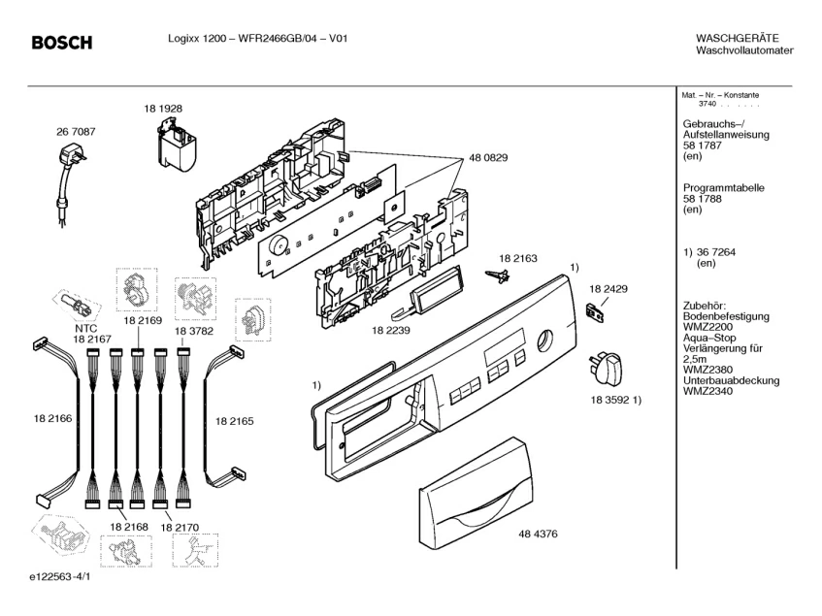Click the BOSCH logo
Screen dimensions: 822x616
click(x=62, y=43)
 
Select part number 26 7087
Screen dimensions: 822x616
click(x=76, y=132)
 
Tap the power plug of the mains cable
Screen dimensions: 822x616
click(x=72, y=156)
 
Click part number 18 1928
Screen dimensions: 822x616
click(x=163, y=109)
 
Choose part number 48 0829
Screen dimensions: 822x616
click(x=488, y=158)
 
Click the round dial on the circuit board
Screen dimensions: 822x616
click(x=278, y=245)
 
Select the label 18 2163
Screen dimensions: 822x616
click(x=518, y=258)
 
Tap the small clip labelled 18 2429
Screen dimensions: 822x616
click(x=595, y=312)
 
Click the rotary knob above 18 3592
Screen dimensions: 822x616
click(x=606, y=369)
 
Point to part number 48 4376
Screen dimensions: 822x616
click(x=538, y=534)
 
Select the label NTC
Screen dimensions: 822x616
click(x=86, y=329)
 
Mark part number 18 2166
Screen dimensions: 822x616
click(x=53, y=418)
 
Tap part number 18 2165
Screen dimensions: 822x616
click(x=234, y=421)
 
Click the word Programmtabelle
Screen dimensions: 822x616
click(x=723, y=187)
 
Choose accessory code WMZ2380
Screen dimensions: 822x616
click(x=707, y=370)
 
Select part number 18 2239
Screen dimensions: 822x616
click(x=391, y=330)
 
